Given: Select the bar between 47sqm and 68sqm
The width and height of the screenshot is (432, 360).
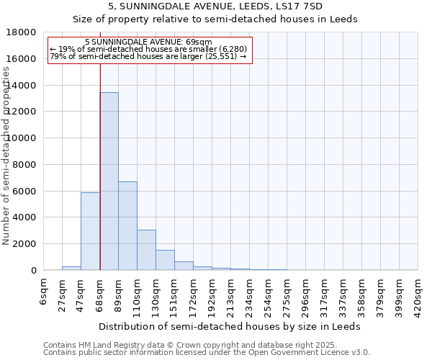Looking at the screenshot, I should coord(90,231).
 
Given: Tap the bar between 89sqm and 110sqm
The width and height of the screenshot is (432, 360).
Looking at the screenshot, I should coord(127,226).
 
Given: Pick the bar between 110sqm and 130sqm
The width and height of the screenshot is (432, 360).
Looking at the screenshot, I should coord(146,250).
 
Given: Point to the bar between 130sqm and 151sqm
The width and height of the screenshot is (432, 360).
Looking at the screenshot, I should coord(165,260).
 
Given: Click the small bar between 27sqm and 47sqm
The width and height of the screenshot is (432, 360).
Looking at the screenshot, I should coord(71,268).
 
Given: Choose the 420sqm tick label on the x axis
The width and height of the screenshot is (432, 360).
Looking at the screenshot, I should coord(418,295).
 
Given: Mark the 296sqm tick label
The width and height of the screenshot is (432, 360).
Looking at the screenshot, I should coord(306,295).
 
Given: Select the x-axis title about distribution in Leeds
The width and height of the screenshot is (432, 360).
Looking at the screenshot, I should coord(230,326).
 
